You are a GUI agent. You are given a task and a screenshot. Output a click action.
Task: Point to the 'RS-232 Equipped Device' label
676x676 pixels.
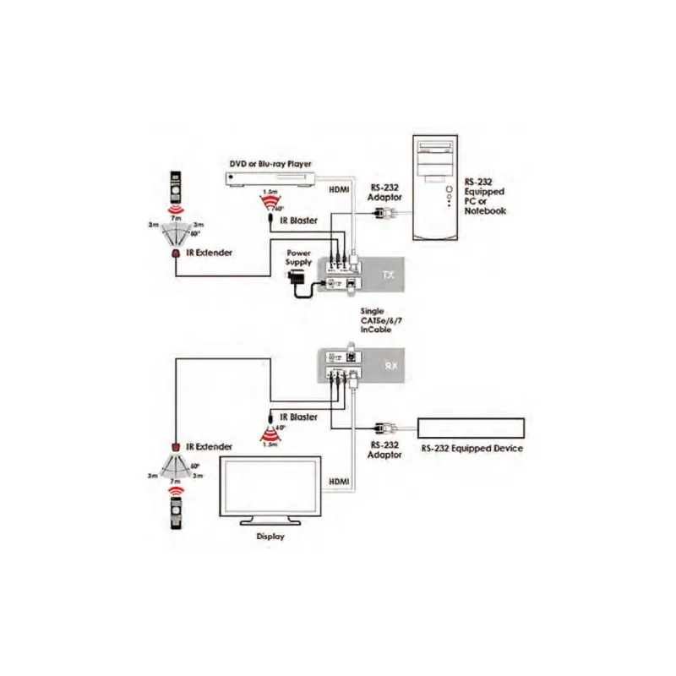point(471,448)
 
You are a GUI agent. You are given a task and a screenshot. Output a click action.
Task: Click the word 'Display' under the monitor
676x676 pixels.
point(270,536)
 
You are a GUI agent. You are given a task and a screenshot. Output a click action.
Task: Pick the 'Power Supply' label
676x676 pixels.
point(301,258)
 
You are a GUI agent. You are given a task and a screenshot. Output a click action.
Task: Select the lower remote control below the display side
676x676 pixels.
point(176,510)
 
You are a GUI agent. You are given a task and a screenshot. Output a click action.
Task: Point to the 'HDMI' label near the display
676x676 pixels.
point(339,481)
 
